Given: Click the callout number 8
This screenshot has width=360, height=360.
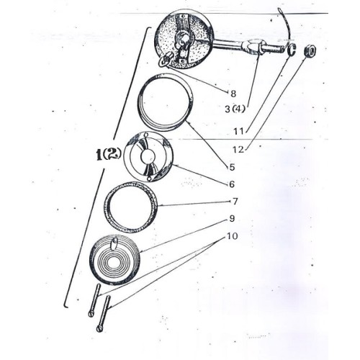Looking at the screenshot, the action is coord(233,94).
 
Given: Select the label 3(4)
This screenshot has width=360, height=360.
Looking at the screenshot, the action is coord(235,109).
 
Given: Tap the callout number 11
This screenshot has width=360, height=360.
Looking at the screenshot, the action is coord(239,131).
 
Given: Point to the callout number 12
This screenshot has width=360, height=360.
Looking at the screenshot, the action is coord(238,150).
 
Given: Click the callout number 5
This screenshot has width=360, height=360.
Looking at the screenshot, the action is coord(232,167).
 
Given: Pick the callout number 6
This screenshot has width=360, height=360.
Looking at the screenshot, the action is coord(232,184).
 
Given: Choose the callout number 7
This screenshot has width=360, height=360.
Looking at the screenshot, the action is coord(235,201).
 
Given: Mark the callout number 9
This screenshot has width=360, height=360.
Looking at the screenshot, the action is coord(232,219).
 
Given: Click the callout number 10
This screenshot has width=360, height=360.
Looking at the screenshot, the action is coord(232,236).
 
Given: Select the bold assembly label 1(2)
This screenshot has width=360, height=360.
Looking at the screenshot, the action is coord(107,156).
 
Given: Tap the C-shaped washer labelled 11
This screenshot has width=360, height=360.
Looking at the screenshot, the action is coord(292,50).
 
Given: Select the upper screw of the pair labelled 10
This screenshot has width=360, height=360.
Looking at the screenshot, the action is coord(94,300).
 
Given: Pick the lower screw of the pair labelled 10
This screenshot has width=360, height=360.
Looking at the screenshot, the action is coord(104,314).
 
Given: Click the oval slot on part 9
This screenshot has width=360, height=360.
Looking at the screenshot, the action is coord(114,243).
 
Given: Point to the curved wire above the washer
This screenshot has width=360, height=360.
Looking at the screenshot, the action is coord(287,26).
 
